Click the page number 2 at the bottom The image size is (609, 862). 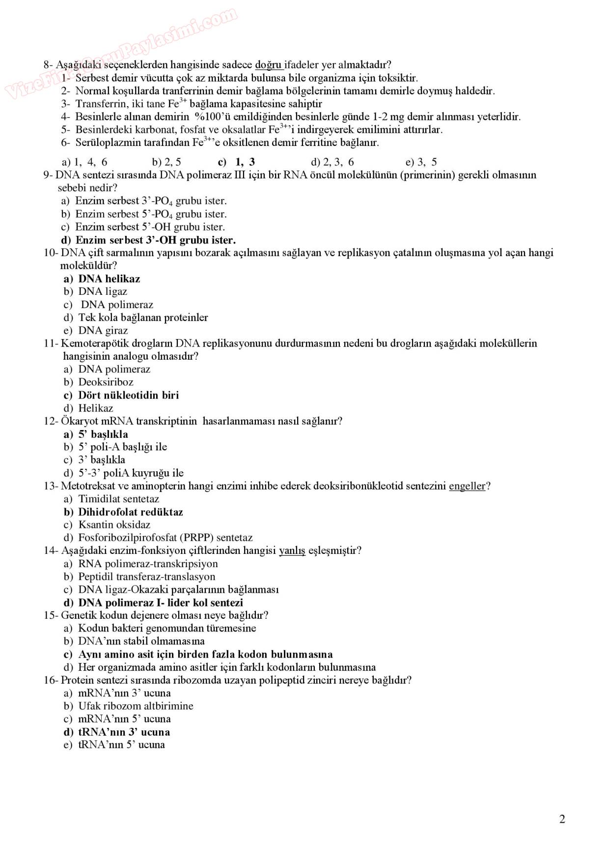(x=562, y=819)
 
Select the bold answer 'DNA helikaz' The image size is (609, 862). (x=109, y=279)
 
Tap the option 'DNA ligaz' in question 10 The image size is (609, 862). (x=103, y=291)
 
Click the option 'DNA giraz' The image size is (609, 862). (x=103, y=330)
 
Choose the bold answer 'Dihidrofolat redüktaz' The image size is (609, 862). (x=130, y=512)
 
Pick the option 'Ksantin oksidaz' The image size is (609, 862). (x=114, y=524)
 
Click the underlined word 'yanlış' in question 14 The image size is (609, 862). (x=292, y=550)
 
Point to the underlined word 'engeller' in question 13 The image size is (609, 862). (x=467, y=486)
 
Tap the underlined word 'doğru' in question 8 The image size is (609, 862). (x=268, y=65)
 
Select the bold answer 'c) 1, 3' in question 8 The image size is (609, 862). (x=237, y=162)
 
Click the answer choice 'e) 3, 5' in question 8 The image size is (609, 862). (x=421, y=162)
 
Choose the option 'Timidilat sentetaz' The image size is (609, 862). (x=118, y=499)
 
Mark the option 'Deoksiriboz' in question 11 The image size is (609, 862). (x=106, y=382)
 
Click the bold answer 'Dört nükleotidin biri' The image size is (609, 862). (x=128, y=395)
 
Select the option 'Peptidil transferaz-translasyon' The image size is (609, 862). (x=146, y=576)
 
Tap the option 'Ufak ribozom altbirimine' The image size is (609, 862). (x=136, y=706)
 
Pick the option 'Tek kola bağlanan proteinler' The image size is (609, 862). (x=143, y=317)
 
